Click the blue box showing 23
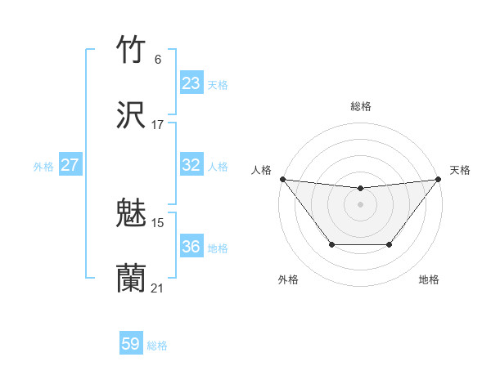[191, 83]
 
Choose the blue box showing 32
[191, 165]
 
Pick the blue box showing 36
[191, 247]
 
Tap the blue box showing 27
[70, 165]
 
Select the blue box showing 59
[131, 344]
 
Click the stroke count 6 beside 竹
[158, 59]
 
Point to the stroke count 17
[158, 124]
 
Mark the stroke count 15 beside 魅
[158, 222]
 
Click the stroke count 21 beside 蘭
[158, 288]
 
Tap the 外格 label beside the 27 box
[43, 167]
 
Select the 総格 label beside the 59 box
[157, 346]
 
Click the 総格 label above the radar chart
[361, 106]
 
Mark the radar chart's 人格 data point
[282, 179]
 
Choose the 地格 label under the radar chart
[429, 279]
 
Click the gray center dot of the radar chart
[361, 204]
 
